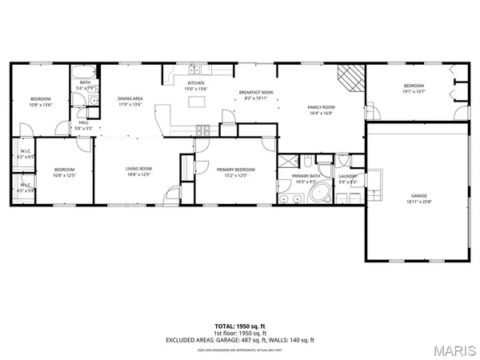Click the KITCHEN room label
point(195,83)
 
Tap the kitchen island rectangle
point(195,102)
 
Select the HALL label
point(83,122)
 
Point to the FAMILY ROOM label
point(322,107)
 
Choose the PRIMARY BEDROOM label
point(236,170)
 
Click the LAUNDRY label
point(346,176)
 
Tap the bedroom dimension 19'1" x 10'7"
point(414,91)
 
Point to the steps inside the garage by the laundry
point(374,179)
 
